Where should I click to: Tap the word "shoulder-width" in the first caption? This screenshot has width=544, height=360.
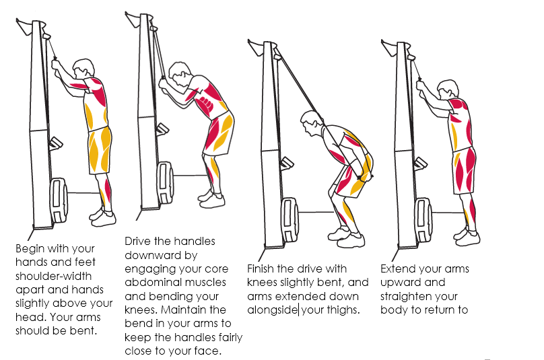click(x=53, y=276)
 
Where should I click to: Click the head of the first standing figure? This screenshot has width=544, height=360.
click(x=83, y=69)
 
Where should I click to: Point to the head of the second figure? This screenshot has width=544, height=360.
click(x=180, y=73)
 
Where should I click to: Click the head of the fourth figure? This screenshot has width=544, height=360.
click(x=448, y=89)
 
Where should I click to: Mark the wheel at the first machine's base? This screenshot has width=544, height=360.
click(x=59, y=201)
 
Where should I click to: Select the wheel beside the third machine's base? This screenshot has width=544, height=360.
click(x=290, y=220)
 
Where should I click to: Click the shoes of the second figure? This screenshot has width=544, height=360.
click(x=211, y=199)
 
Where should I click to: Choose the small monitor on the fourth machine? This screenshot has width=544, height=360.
click(x=420, y=163)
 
